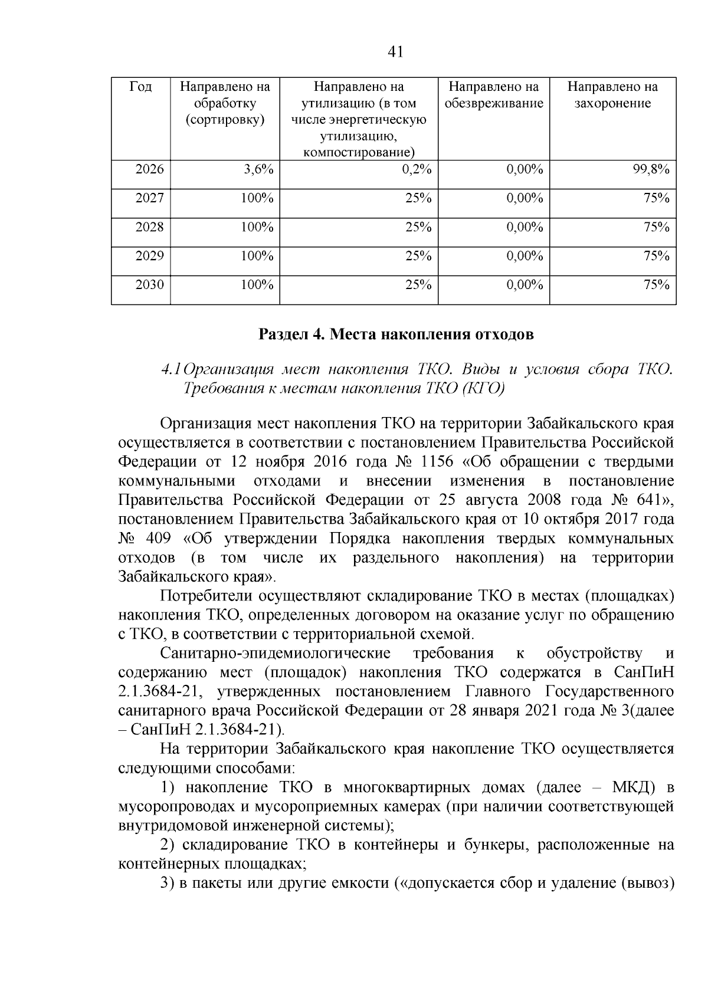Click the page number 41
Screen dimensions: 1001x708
coord(396,52)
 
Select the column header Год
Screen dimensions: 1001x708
coord(140,87)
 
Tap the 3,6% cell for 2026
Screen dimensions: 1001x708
coord(258,170)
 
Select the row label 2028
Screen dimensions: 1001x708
coord(149,227)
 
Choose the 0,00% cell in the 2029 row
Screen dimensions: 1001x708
coord(525,256)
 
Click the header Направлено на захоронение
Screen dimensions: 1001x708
coord(612,95)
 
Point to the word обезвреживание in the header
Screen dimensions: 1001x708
coord(494,104)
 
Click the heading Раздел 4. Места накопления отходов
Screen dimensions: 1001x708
coord(396,335)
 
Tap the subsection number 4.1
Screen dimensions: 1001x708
coord(171,370)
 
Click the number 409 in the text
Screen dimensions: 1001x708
coord(157,539)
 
